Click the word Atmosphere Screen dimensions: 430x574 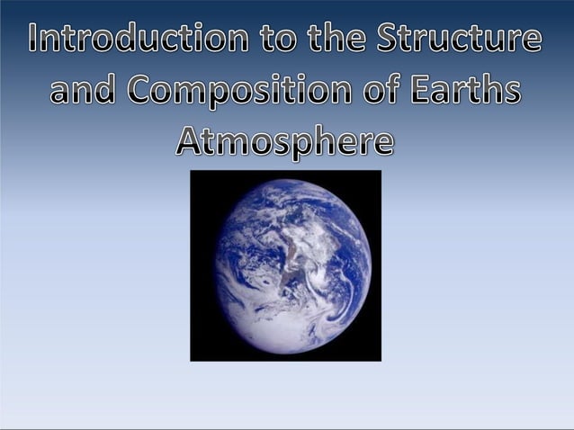285,143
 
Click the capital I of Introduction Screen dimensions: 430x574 35,40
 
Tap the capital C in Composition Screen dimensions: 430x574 142,91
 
